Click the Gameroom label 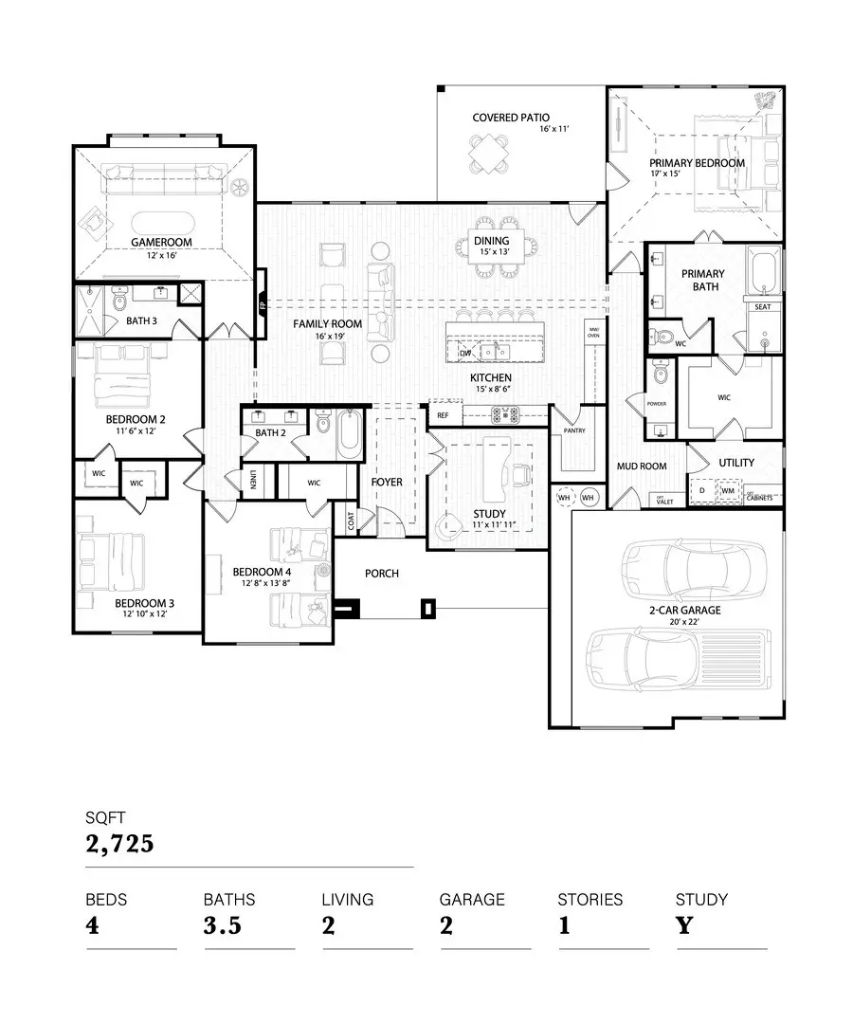(161, 242)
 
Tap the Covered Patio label (510, 118)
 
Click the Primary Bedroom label (697, 162)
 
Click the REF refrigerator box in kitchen (443, 414)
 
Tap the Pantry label (573, 430)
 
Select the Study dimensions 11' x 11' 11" (489, 524)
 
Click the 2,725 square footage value (119, 843)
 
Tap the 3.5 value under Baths (224, 925)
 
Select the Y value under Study (684, 925)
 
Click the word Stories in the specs (590, 899)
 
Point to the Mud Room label (642, 466)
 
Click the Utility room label (736, 463)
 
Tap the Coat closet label (351, 521)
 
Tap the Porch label (382, 574)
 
